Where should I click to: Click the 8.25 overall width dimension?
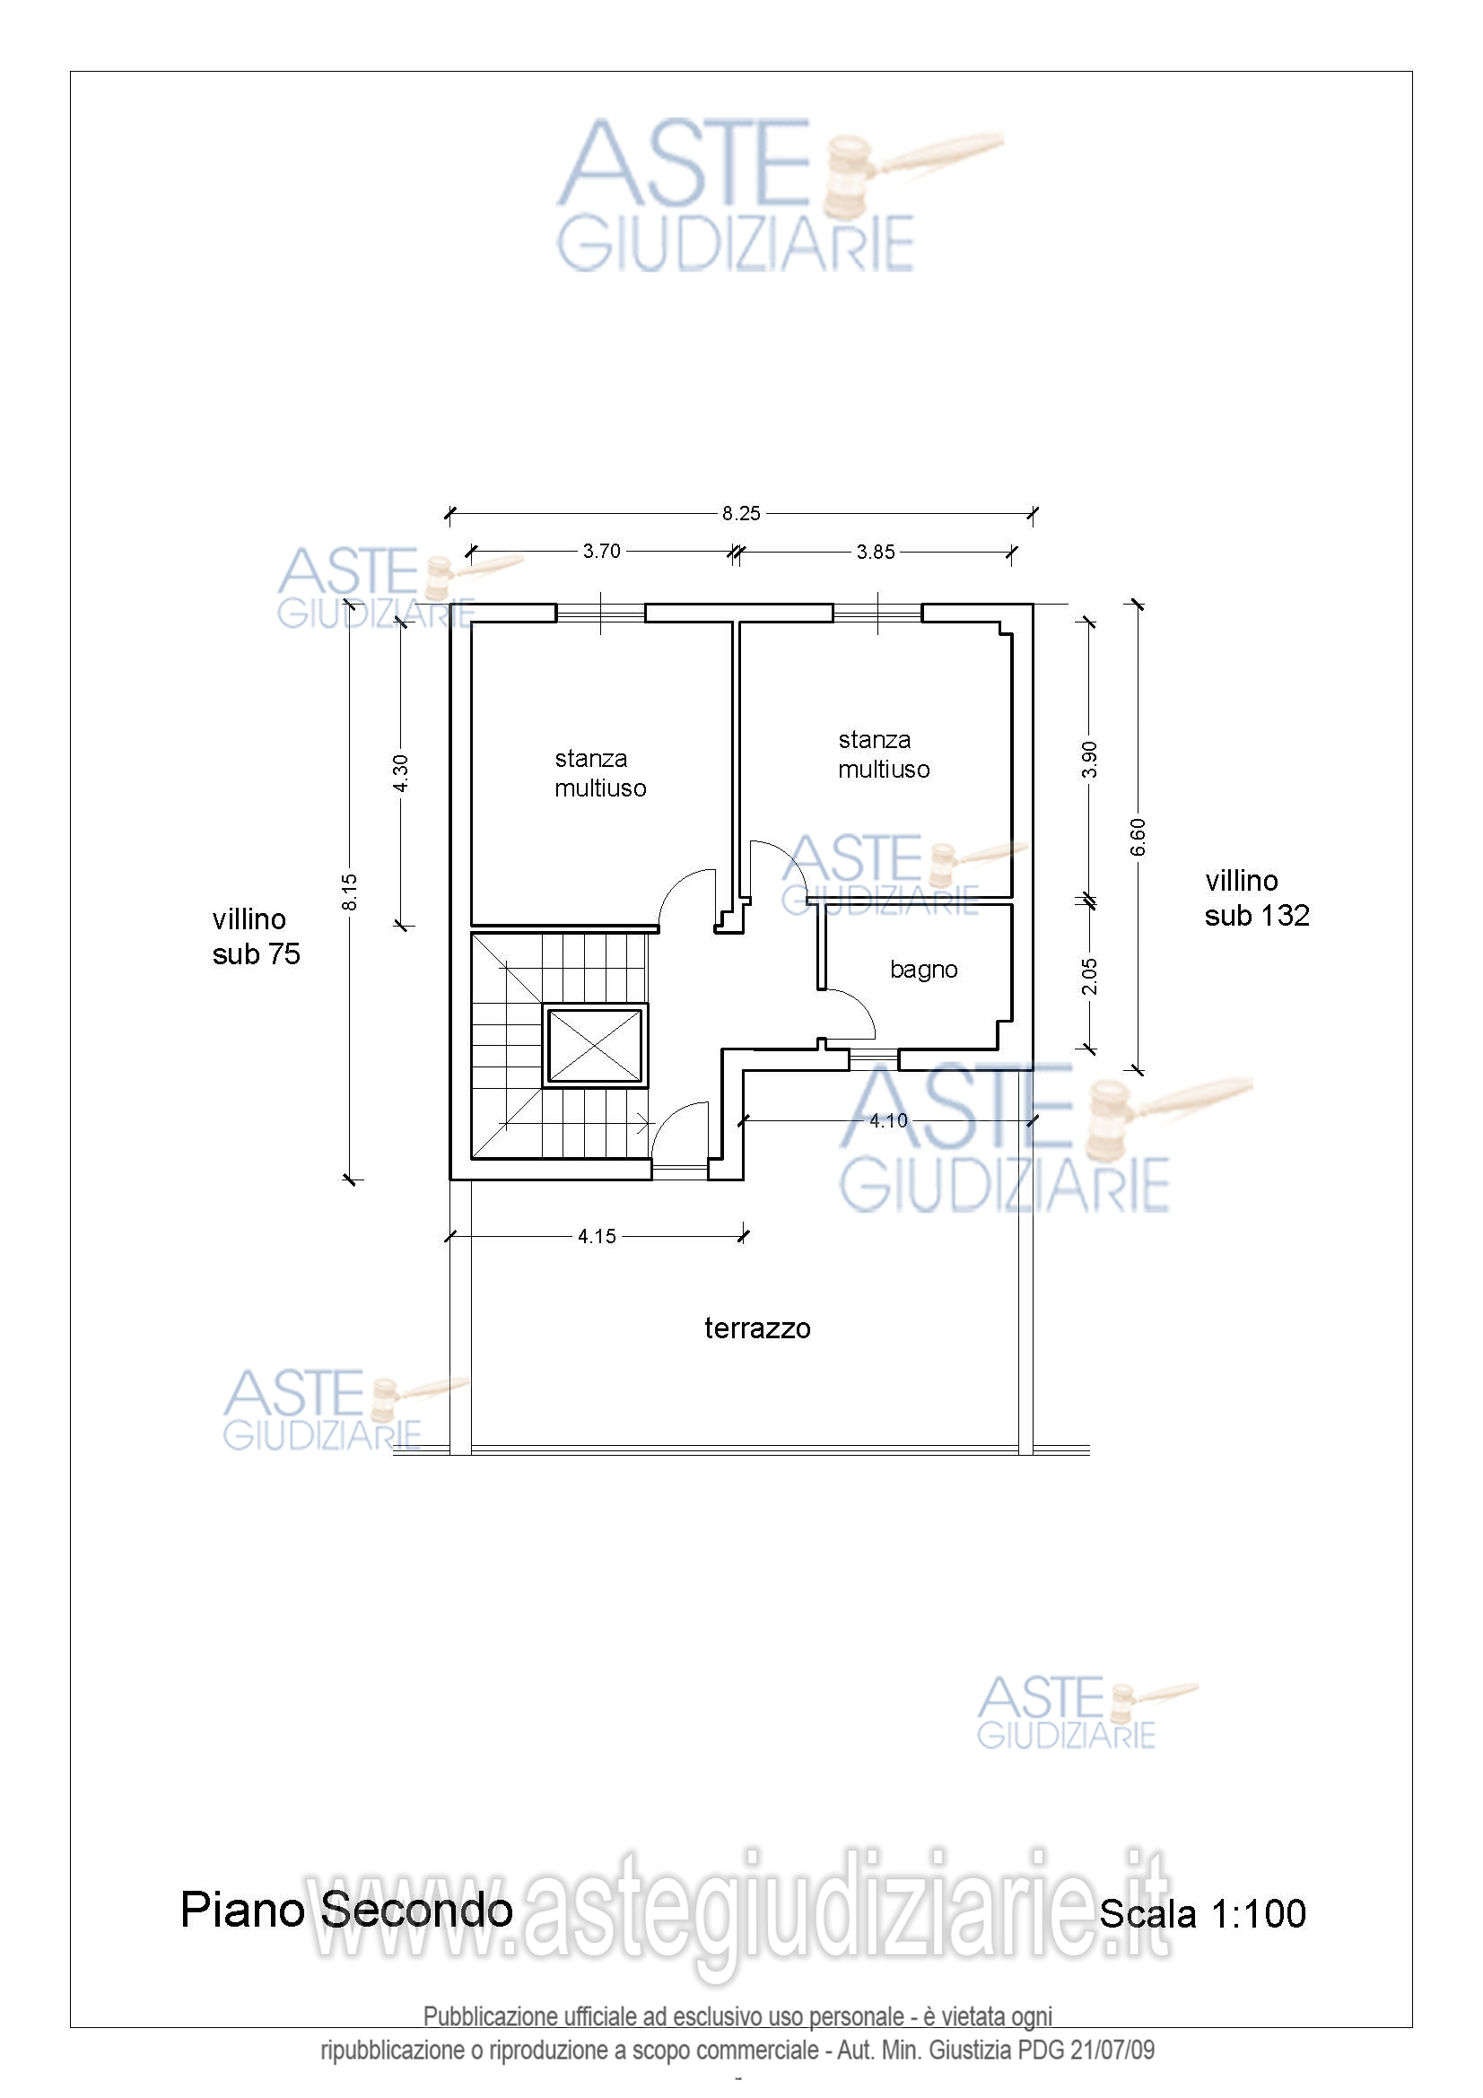tap(740, 514)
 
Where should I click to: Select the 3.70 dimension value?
tap(601, 551)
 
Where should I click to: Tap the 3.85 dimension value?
tap(876, 552)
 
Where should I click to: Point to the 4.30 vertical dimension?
tap(400, 774)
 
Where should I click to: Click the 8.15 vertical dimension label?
tap(349, 892)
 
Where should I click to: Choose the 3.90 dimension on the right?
tap(1088, 760)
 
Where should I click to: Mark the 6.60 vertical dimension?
tap(1138, 837)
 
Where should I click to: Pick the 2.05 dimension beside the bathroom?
tap(1088, 977)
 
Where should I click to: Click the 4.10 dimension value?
tap(888, 1120)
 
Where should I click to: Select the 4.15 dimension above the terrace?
tap(597, 1236)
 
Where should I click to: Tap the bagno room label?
tap(924, 971)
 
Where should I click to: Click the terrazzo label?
tap(757, 1328)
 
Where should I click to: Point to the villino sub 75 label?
tap(256, 936)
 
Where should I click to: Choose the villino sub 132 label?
tap(1256, 898)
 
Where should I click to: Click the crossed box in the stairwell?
tap(595, 1046)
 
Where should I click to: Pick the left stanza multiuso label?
tap(600, 773)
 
